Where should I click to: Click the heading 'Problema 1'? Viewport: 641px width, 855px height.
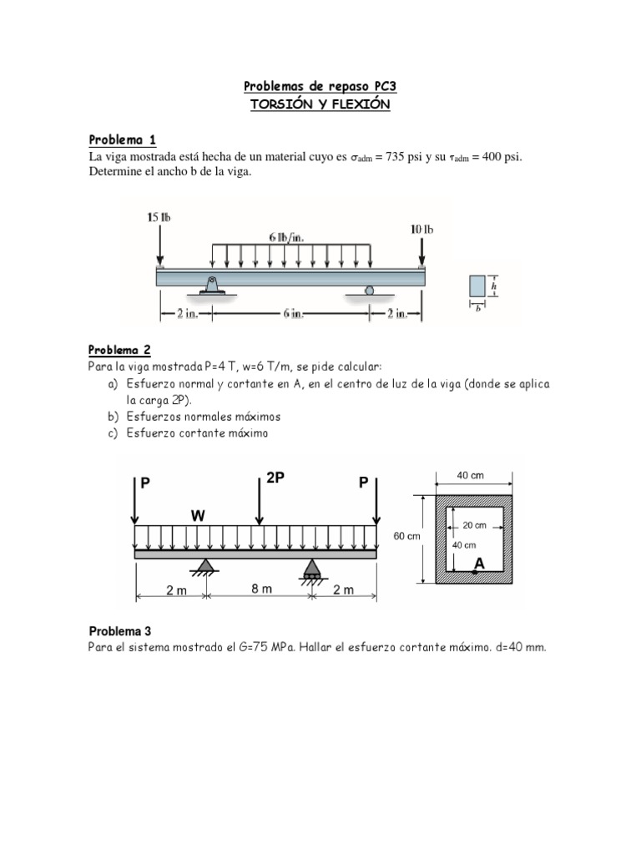[122, 139]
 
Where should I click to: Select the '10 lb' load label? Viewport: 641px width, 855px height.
[421, 229]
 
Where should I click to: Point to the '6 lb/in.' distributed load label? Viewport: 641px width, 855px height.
[286, 236]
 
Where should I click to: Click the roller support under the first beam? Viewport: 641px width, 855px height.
[368, 291]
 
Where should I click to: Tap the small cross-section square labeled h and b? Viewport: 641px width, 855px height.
[477, 286]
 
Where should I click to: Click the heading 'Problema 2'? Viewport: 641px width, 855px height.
[120, 350]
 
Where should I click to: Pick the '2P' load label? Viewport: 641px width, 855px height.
[275, 477]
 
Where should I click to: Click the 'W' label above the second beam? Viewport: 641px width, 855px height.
[197, 516]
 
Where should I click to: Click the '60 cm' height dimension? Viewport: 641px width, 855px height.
[406, 536]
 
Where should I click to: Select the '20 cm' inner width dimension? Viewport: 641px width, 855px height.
[474, 525]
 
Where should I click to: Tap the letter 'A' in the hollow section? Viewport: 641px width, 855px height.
[479, 564]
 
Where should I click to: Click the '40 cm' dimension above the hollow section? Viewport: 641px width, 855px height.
[471, 476]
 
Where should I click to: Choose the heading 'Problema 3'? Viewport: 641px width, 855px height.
[120, 631]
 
